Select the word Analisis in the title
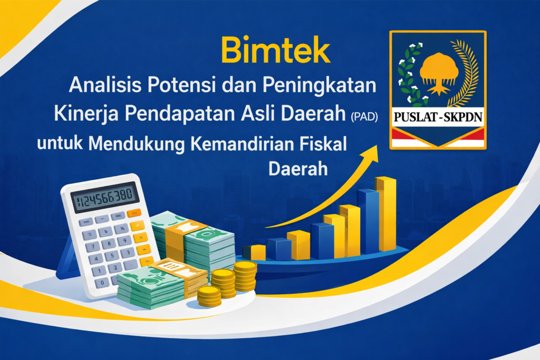tap(101, 84)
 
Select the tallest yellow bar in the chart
tap(386, 213)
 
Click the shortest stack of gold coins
tap(209, 296)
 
